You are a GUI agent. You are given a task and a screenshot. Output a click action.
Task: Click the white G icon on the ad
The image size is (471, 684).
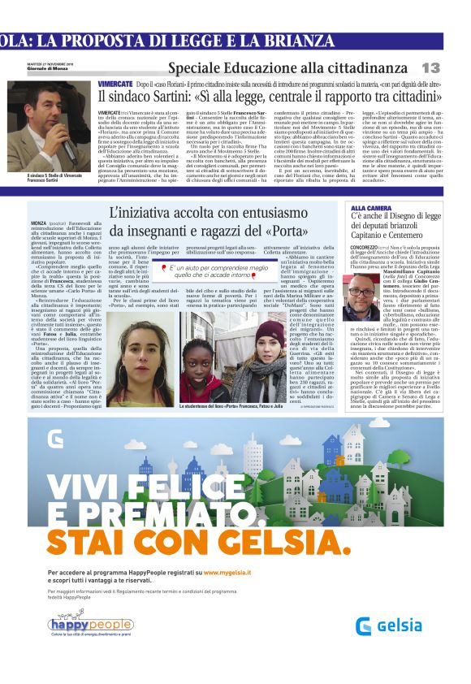54,439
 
